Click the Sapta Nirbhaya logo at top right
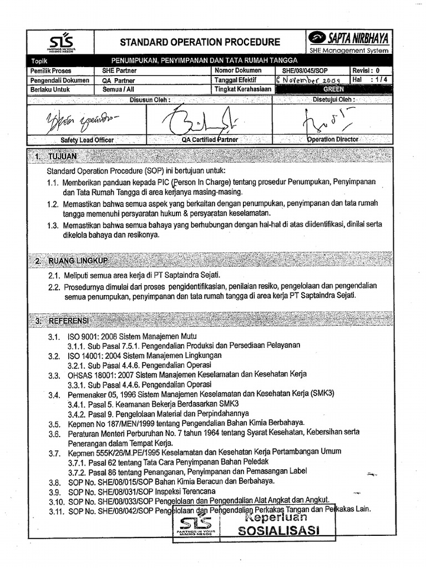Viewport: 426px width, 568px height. pos(349,38)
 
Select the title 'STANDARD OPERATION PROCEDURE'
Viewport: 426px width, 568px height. pos(200,42)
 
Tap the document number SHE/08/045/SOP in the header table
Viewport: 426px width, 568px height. pos(305,70)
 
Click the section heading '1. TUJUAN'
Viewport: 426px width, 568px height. pos(55,157)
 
